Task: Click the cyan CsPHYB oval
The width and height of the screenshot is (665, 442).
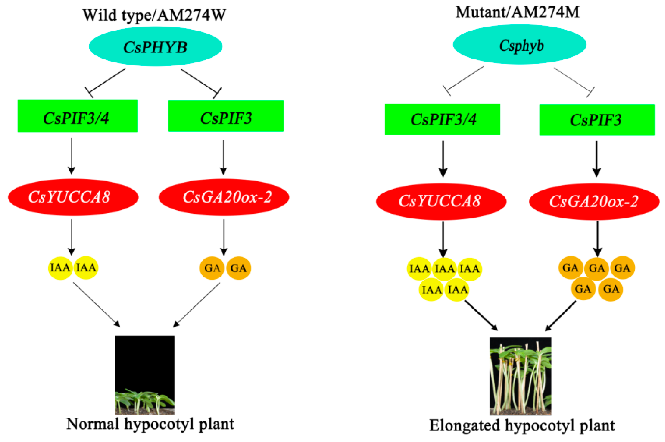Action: (x=155, y=47)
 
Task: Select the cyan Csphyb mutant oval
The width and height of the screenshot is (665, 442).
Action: (x=519, y=45)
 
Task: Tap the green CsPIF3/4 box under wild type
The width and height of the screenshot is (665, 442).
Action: (x=77, y=116)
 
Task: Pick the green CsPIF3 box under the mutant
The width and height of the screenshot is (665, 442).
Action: (x=596, y=120)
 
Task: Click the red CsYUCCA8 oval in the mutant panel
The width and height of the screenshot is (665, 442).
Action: (x=441, y=201)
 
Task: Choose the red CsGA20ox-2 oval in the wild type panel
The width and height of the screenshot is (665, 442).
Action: (x=224, y=197)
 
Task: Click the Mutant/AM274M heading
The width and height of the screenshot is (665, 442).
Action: (x=517, y=12)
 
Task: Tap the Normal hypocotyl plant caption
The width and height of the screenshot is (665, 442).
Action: (x=150, y=424)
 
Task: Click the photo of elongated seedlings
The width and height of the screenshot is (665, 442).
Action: (x=520, y=376)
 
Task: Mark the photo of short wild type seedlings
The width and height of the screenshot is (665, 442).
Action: (x=144, y=375)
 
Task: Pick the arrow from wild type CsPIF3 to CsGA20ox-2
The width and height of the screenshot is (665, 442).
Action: (x=223, y=156)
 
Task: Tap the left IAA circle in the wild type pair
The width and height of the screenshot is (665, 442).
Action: (x=60, y=267)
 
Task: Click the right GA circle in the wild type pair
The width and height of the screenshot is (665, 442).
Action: (x=238, y=268)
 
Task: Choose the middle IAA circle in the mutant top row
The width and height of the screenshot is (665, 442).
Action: (x=444, y=269)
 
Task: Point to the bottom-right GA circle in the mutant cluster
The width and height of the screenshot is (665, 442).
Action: (x=611, y=289)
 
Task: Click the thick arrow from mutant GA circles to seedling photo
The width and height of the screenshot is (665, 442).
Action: (x=561, y=316)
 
